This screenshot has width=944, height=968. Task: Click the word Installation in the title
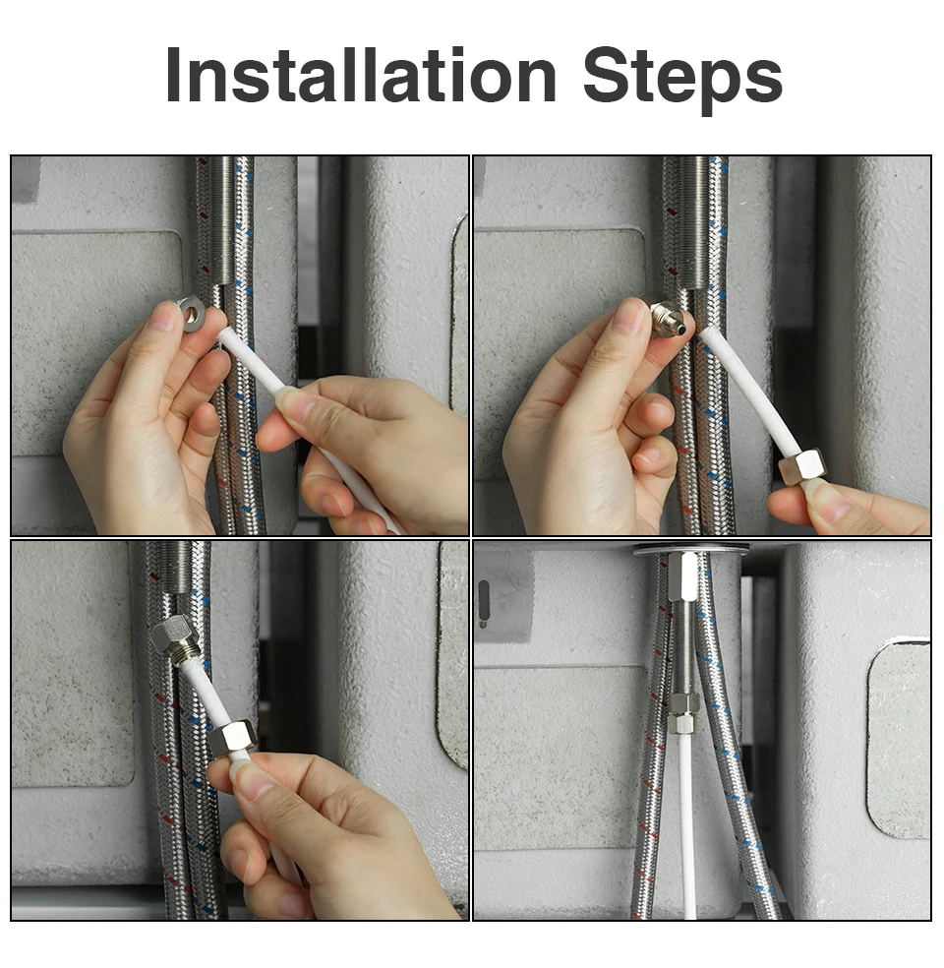tap(361, 76)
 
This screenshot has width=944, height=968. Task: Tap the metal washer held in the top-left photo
tap(193, 314)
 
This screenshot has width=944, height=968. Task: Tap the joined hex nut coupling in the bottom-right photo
tap(683, 713)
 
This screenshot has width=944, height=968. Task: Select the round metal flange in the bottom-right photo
tap(692, 548)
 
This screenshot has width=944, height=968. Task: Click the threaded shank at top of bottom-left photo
tap(176, 567)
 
